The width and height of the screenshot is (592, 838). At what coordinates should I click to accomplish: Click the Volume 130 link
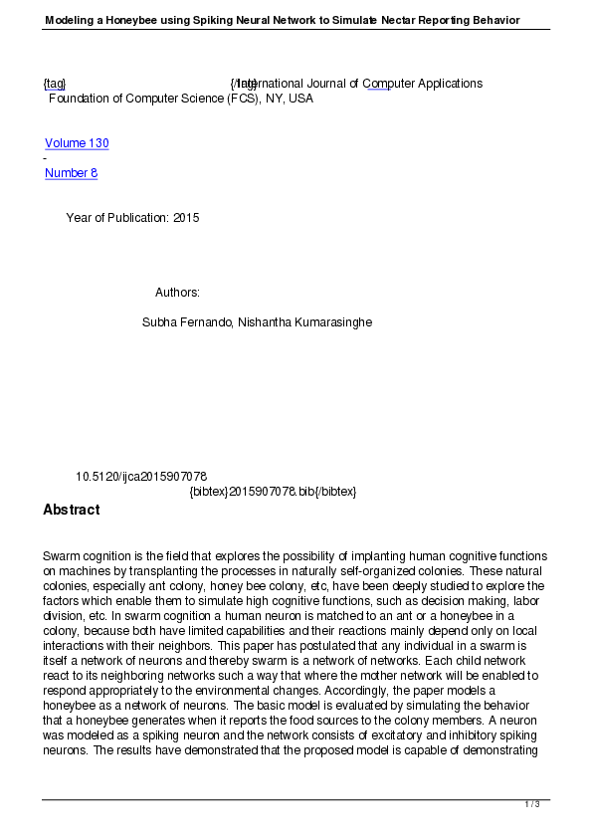coord(77,143)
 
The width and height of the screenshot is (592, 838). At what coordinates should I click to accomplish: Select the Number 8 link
coord(71,173)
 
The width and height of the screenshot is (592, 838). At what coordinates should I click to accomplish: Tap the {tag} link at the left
coord(54,84)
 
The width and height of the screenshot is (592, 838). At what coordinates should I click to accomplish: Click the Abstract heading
coord(72,510)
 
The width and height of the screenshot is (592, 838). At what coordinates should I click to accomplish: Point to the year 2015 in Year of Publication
coord(186,218)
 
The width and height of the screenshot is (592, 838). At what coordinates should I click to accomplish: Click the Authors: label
coord(177,293)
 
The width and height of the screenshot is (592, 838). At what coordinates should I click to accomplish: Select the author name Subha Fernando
coord(187,322)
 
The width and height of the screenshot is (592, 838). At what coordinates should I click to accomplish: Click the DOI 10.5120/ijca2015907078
coord(141,477)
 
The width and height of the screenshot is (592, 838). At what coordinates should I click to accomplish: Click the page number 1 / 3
coord(532,804)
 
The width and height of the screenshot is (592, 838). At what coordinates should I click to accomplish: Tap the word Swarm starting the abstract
coord(61,555)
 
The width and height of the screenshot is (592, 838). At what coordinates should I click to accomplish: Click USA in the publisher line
coord(300,99)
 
